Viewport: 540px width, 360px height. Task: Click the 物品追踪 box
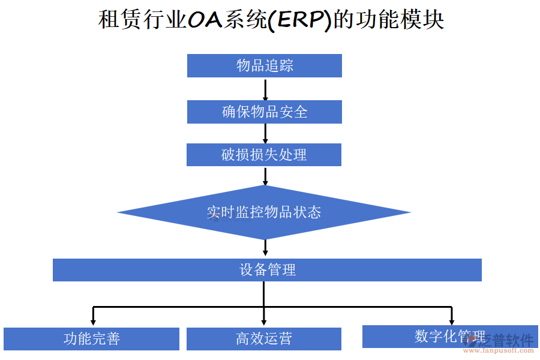264,66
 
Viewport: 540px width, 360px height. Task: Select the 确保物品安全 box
264,112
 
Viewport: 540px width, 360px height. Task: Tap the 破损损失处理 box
264,155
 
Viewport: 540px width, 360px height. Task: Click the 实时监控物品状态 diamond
264,212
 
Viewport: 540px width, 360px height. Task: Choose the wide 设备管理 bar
267,270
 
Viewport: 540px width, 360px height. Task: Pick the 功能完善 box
91,339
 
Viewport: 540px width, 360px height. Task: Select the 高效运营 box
264,339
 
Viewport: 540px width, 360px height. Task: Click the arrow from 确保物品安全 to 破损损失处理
265,133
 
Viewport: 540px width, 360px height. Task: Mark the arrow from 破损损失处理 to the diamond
265,176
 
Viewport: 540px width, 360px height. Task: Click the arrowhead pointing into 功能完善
93,320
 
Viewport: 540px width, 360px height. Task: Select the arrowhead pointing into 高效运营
264,320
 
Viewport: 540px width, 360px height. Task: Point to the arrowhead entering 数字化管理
451,319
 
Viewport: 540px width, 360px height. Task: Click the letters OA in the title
205,20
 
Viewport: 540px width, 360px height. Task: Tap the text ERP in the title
299,20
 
